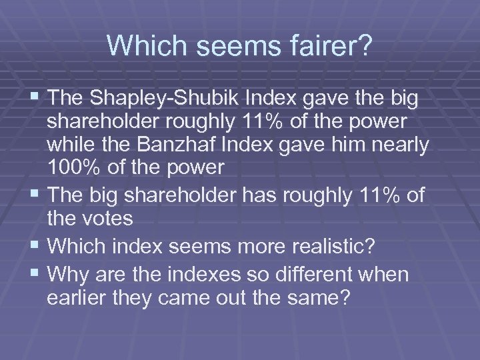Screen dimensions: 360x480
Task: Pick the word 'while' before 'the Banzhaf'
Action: point(73,146)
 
